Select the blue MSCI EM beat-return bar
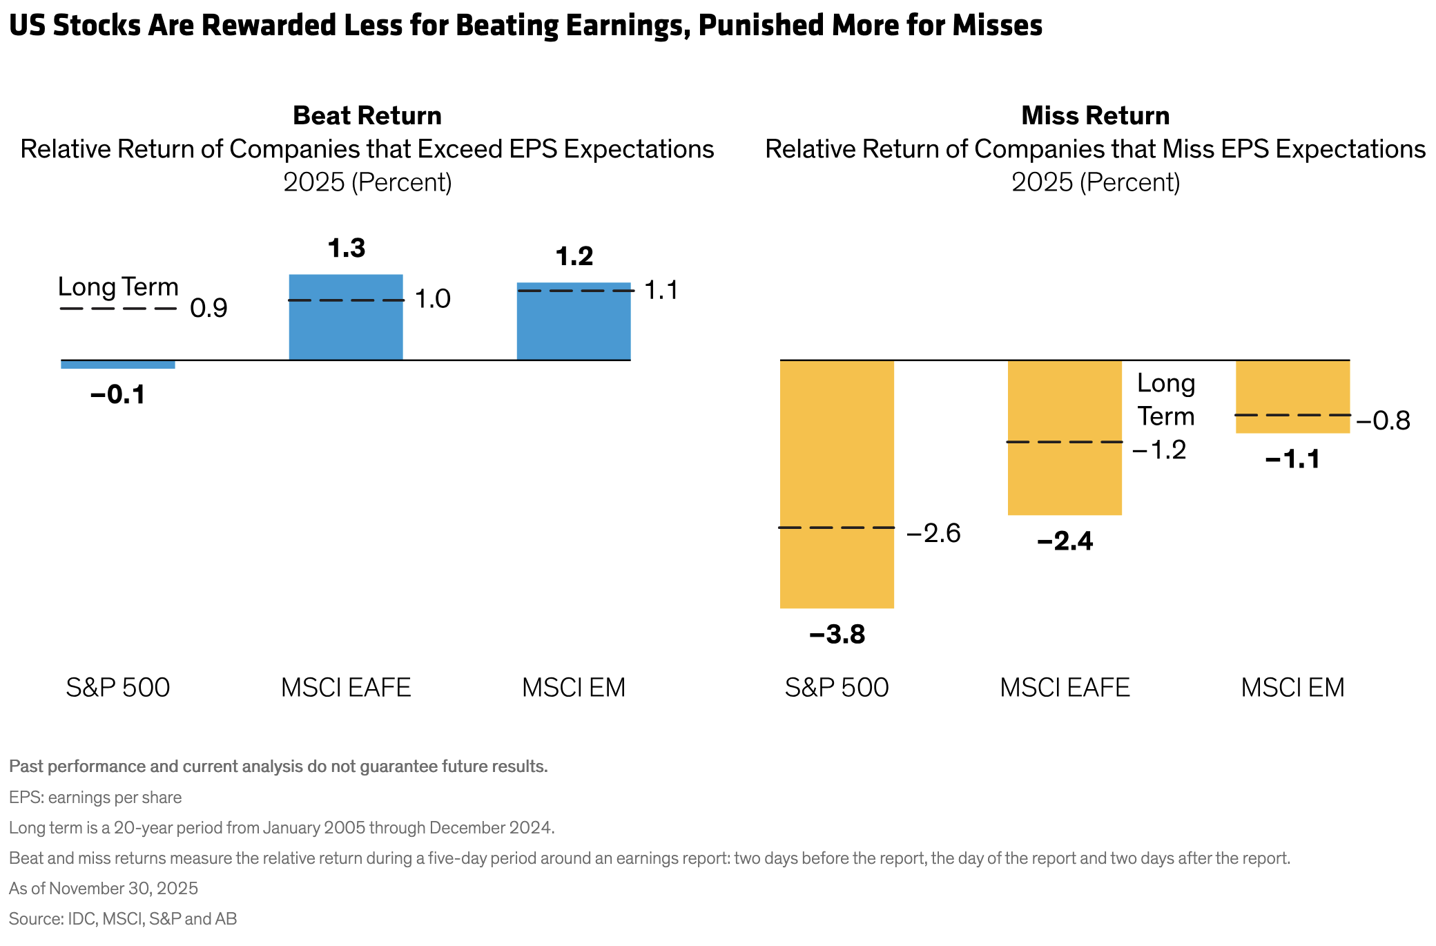[574, 328]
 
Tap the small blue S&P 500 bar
[118, 365]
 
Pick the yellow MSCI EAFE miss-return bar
[1065, 414]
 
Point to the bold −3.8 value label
[837, 635]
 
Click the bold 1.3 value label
[347, 249]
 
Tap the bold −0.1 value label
[118, 395]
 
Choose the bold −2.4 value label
[1065, 541]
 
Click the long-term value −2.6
[933, 534]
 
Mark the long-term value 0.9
[208, 309]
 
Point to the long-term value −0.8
[1383, 421]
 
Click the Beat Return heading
[367, 115]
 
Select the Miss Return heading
[1096, 115]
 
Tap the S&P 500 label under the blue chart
[118, 688]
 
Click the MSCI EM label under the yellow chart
[1292, 688]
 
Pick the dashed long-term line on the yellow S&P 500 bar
[837, 528]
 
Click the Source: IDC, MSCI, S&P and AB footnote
[123, 919]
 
